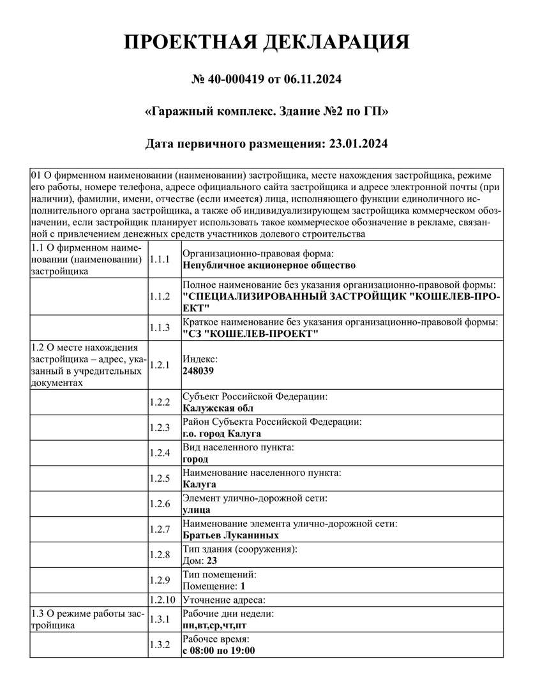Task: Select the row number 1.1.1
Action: [159, 259]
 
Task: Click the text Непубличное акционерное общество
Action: [269, 265]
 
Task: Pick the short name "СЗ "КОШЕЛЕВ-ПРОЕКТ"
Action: [250, 334]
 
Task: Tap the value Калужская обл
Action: [218, 408]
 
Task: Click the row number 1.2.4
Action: [159, 453]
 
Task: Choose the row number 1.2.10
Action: [161, 600]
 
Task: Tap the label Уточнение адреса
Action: [223, 600]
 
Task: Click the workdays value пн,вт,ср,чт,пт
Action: [214, 625]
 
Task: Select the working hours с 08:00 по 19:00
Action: [219, 650]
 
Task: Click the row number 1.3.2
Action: [159, 644]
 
